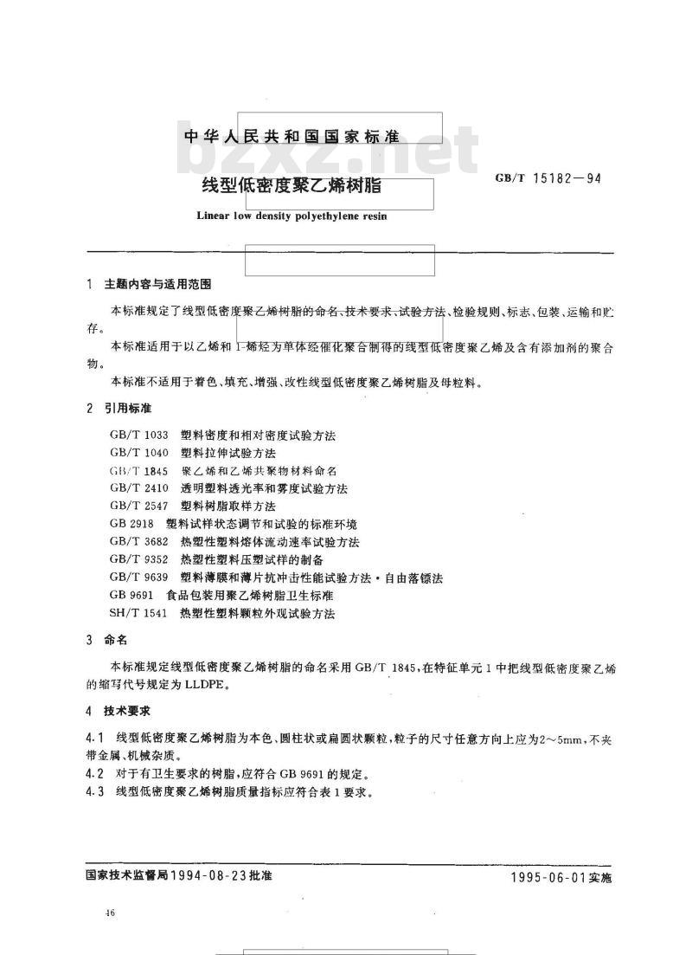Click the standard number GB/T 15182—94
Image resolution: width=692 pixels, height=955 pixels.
(x=548, y=179)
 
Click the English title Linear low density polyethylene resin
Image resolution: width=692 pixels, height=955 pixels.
(x=292, y=216)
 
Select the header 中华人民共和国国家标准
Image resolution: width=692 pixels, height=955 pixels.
(x=292, y=138)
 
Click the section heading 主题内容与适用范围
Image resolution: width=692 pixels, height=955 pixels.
(x=157, y=285)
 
